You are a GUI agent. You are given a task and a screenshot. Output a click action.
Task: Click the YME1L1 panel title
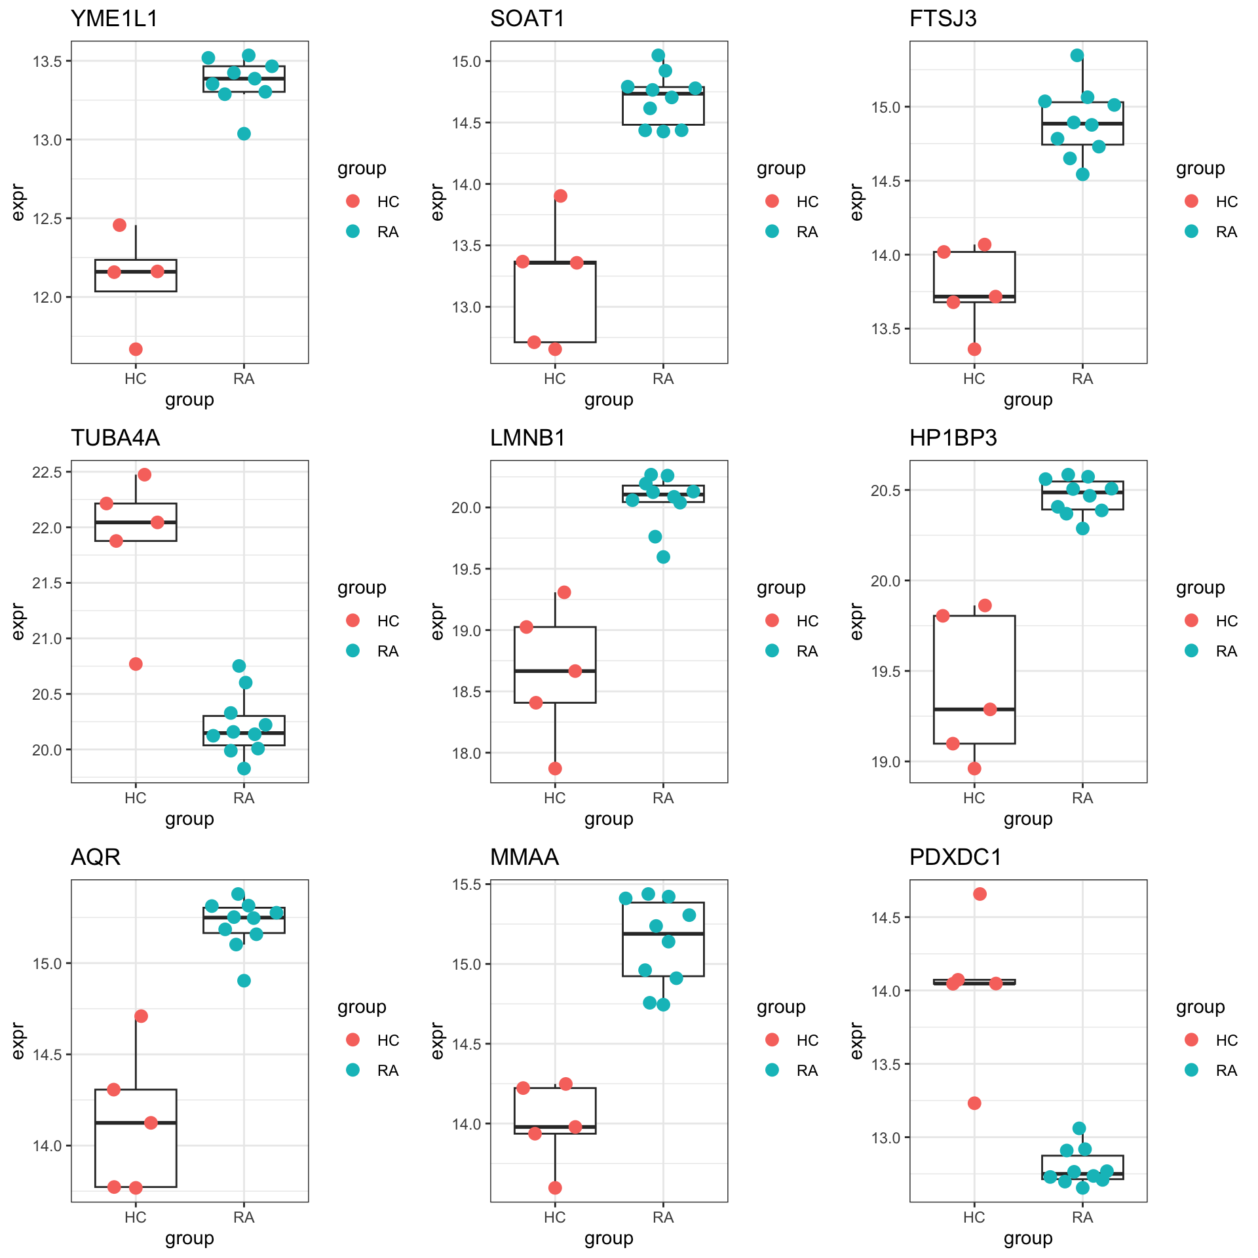click(x=114, y=18)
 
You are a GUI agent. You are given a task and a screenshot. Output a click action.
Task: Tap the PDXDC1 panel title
click(x=955, y=857)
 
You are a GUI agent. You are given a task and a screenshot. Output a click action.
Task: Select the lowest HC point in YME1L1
click(x=136, y=349)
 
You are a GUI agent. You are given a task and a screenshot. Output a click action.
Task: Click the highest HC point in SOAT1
click(x=560, y=196)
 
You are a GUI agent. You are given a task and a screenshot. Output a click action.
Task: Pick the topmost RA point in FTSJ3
click(x=1077, y=55)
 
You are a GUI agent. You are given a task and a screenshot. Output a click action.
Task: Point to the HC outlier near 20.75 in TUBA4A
click(x=136, y=664)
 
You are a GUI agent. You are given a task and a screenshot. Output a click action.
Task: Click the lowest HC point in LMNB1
click(x=555, y=769)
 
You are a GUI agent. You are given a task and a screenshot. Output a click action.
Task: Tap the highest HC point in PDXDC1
click(x=980, y=894)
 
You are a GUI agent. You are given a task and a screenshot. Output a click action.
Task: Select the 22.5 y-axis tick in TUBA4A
click(x=47, y=472)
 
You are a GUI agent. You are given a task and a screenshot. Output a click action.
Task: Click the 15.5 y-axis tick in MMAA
click(x=467, y=885)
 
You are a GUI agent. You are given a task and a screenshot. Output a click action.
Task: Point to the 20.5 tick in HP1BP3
click(x=886, y=490)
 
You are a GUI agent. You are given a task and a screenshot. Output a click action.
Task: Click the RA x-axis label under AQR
click(x=244, y=1217)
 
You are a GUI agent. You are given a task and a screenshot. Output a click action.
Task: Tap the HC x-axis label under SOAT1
click(x=555, y=379)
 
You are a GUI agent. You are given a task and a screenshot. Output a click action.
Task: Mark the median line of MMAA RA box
click(x=663, y=933)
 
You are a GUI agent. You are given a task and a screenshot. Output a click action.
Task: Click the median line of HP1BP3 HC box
click(x=974, y=709)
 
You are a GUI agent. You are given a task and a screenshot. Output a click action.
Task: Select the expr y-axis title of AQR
click(x=18, y=1040)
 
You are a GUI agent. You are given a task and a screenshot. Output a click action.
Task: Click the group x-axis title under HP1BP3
click(x=1028, y=818)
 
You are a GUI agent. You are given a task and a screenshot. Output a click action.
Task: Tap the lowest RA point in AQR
click(x=244, y=981)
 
